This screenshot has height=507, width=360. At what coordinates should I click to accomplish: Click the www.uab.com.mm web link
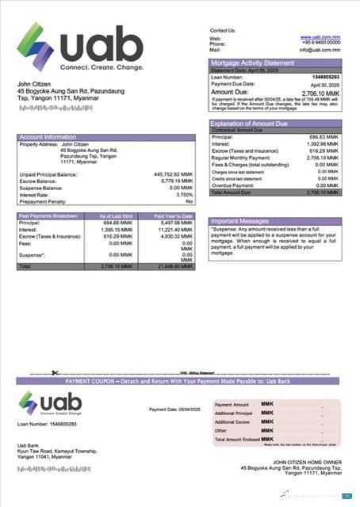click(320, 37)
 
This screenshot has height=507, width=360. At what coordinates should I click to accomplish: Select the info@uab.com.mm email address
click(320, 50)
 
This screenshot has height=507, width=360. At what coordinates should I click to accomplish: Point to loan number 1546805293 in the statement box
click(323, 77)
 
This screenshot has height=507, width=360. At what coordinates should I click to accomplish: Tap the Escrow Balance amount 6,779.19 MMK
click(175, 181)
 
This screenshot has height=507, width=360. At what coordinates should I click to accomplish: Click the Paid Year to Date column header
click(170, 216)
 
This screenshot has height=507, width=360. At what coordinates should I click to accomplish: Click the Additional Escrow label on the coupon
click(233, 421)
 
